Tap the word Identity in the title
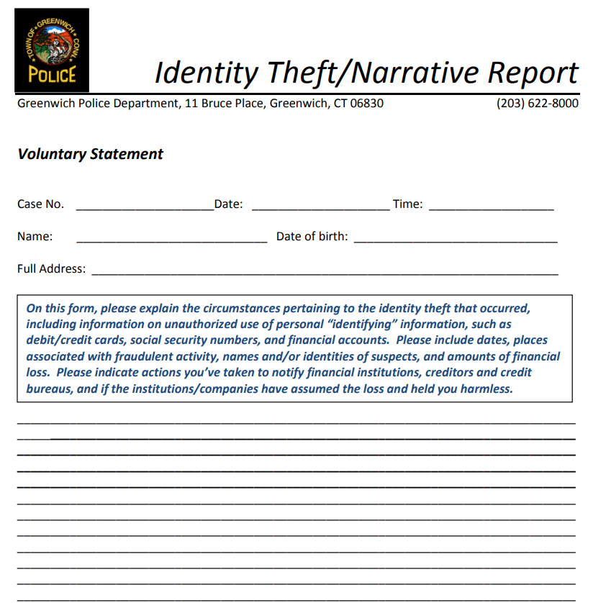click(207, 73)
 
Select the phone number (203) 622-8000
click(537, 103)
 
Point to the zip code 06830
click(367, 103)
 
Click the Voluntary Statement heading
click(91, 154)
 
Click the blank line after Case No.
click(144, 205)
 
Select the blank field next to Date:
click(320, 205)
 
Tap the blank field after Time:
click(491, 205)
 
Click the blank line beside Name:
click(171, 238)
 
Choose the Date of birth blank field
click(456, 238)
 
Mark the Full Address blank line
click(325, 271)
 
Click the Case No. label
click(40, 204)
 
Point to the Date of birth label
click(312, 237)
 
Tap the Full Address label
click(51, 269)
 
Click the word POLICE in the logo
click(52, 74)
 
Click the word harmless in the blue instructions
click(487, 389)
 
